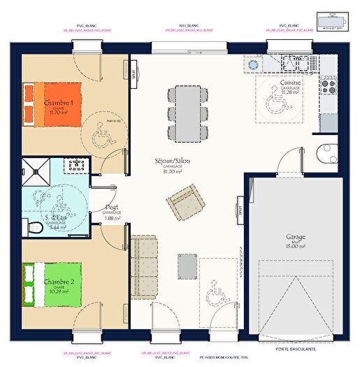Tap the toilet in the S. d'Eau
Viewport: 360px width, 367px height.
pyautogui.click(x=29, y=226)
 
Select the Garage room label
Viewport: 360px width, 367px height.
pyautogui.click(x=296, y=237)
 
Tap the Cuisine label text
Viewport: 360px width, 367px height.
pyautogui.click(x=290, y=83)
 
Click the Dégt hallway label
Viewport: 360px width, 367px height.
pyautogui.click(x=112, y=208)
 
